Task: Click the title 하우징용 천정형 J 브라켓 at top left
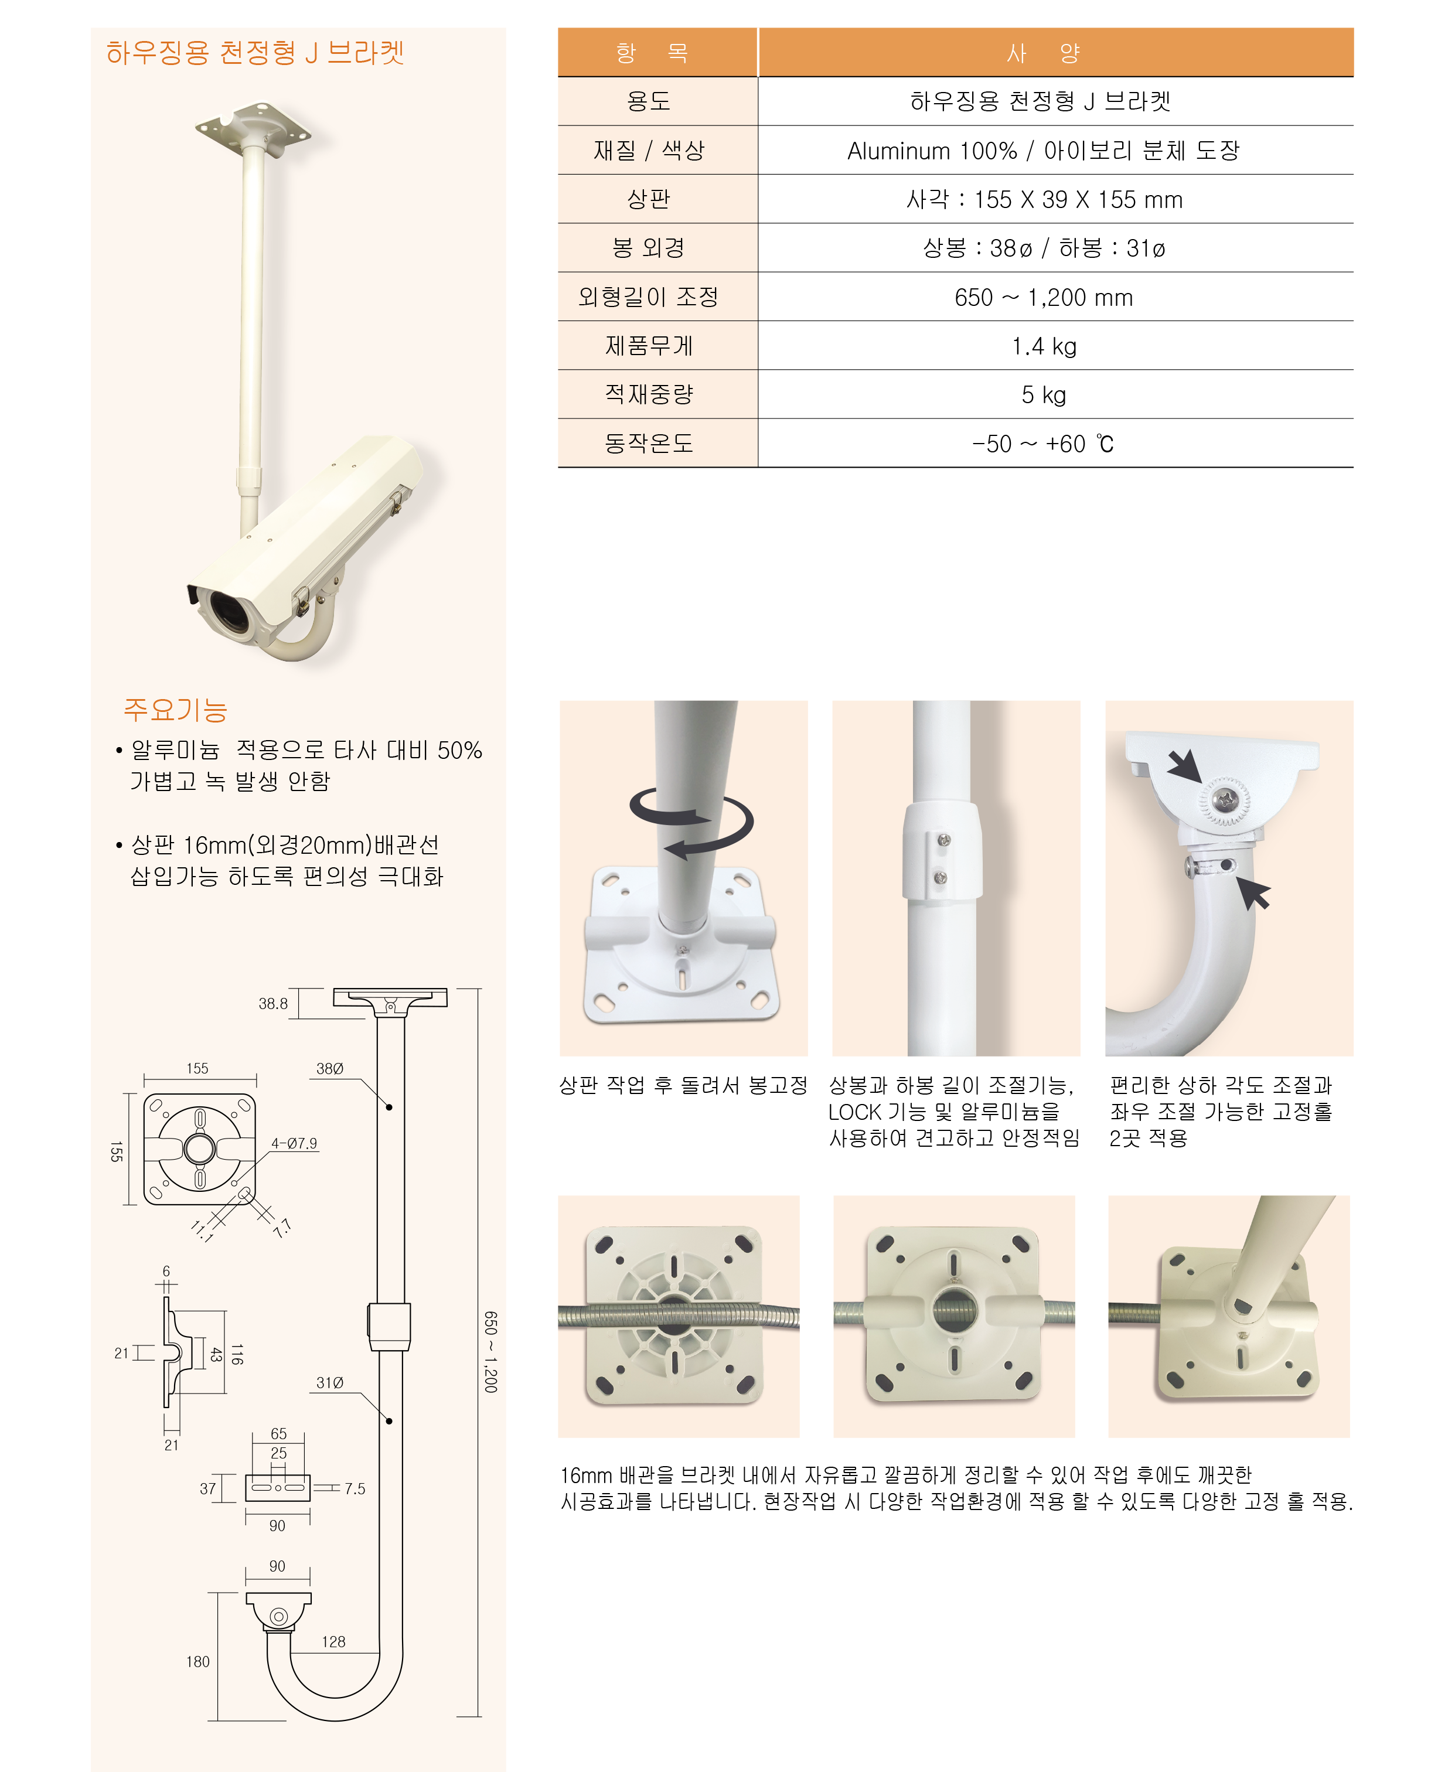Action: pyautogui.click(x=255, y=53)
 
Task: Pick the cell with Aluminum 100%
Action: pyautogui.click(x=1044, y=151)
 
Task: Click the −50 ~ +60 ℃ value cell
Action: pyautogui.click(x=1044, y=444)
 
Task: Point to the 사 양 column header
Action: pyautogui.click(x=1044, y=53)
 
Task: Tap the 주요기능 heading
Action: pyautogui.click(x=175, y=710)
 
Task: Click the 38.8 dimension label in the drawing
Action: pyautogui.click(x=272, y=1003)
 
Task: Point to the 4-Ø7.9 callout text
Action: pyautogui.click(x=294, y=1143)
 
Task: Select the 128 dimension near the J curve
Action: pyautogui.click(x=333, y=1642)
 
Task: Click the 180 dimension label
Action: pyautogui.click(x=198, y=1661)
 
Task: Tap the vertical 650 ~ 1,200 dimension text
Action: pyautogui.click(x=491, y=1352)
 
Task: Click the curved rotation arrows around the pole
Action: pyautogui.click(x=692, y=823)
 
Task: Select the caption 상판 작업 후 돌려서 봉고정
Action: pyautogui.click(x=683, y=1085)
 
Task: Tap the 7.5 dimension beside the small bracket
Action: pyautogui.click(x=355, y=1489)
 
